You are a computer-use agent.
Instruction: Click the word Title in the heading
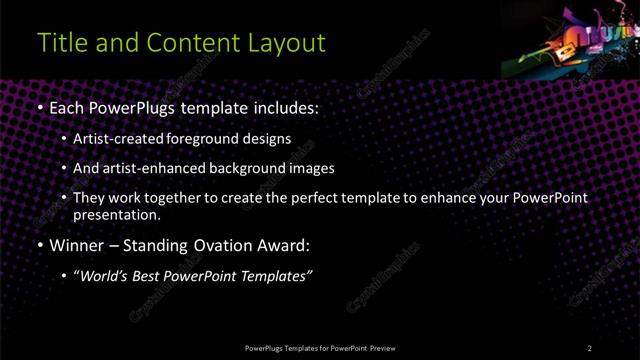point(60,43)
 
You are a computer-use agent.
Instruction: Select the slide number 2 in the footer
point(590,347)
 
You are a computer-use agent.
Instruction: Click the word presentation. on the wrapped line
point(115,214)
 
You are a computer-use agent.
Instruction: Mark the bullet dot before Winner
point(39,244)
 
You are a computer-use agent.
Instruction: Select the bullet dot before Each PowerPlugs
point(39,107)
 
